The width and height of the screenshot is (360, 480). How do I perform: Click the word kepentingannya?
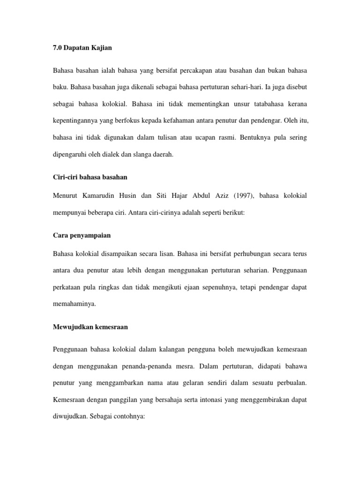point(75,120)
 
